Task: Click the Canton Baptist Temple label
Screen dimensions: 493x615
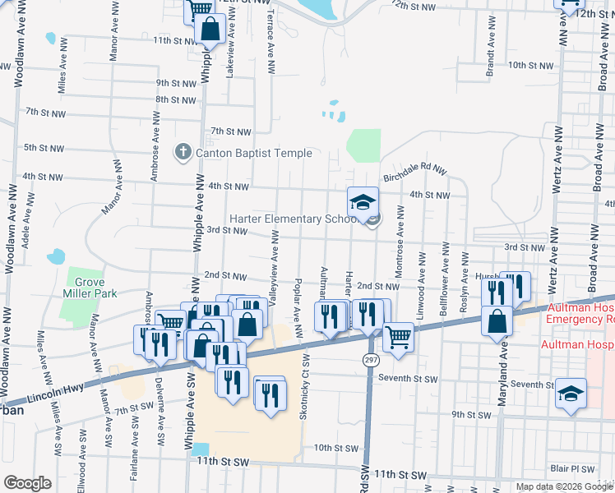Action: point(253,153)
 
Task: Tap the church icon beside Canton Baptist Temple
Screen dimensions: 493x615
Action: point(183,153)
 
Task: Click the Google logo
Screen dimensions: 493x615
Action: point(27,483)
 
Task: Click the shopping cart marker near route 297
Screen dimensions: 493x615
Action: point(398,336)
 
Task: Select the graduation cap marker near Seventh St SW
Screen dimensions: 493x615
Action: point(571,394)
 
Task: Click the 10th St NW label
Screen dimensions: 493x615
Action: point(529,65)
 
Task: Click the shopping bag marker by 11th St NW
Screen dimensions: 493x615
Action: point(211,30)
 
